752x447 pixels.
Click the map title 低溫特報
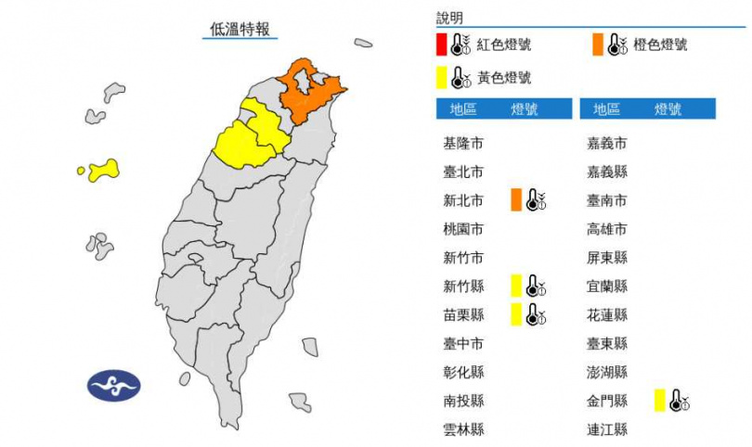(240, 30)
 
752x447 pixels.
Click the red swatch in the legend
(441, 45)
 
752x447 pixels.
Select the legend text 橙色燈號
(660, 45)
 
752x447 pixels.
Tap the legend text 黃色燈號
(504, 77)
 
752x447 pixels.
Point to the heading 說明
(449, 18)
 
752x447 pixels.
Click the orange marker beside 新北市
(515, 199)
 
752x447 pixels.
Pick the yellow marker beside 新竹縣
(515, 286)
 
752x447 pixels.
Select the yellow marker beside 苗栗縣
(515, 314)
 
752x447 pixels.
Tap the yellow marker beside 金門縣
(658, 400)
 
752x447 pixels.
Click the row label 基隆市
(463, 144)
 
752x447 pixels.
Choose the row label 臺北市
(463, 172)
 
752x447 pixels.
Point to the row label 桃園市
(463, 229)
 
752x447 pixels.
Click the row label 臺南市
(607, 200)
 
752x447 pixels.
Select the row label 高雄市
(607, 229)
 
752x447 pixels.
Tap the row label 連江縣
(607, 429)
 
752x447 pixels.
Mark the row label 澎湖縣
(607, 372)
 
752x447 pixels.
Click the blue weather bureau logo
(113, 384)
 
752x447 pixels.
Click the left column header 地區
(463, 109)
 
